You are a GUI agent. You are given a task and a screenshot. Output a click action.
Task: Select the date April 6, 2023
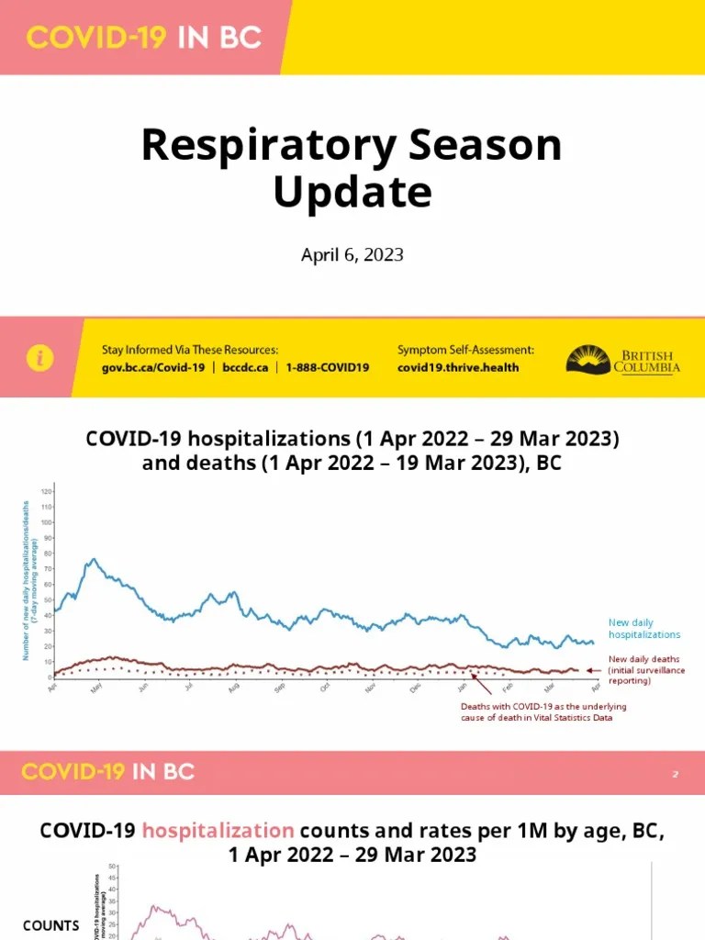[352, 254]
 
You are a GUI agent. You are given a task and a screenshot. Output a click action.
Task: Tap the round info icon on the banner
[40, 359]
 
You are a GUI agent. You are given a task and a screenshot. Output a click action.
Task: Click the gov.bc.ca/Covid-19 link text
[152, 367]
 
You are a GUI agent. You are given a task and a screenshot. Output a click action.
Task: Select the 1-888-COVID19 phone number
[327, 367]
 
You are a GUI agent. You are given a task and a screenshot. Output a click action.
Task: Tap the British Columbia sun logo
[587, 359]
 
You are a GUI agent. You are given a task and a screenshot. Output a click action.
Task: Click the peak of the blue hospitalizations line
[92, 559]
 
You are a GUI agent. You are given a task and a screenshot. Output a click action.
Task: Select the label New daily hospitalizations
[643, 629]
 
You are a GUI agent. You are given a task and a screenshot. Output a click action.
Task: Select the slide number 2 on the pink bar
[675, 775]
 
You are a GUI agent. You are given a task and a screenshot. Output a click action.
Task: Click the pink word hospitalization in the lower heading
[218, 831]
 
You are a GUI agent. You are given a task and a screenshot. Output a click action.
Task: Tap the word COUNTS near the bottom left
[51, 925]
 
